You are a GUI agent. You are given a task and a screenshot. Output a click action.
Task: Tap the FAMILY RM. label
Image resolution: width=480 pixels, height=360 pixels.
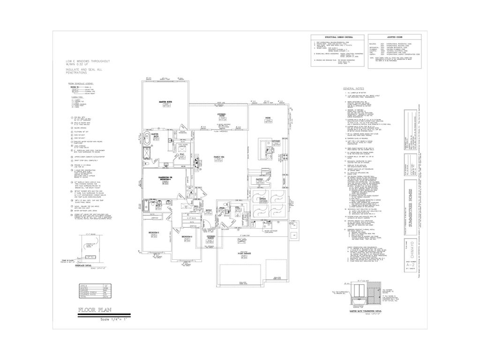tap(218, 156)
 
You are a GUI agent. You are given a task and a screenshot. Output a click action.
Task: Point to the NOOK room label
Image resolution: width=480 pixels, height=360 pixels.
tap(268, 118)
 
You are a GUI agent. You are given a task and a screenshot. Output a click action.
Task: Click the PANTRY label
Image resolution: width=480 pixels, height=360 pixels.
tap(259, 179)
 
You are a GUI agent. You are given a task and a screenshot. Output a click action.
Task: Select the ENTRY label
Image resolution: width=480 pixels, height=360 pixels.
tap(209, 210)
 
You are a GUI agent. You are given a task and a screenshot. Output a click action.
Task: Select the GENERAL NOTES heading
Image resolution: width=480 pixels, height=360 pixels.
tap(354, 89)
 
